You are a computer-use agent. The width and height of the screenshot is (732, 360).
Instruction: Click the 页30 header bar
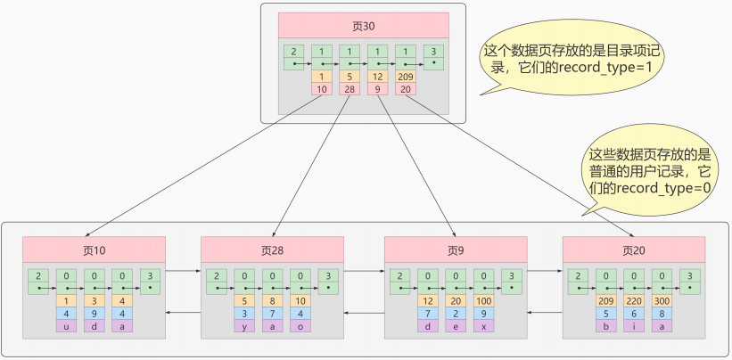point(363,25)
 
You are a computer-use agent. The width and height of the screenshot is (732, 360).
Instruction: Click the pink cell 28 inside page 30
point(350,89)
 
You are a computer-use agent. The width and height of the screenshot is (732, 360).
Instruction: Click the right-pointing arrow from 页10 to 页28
point(184,268)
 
